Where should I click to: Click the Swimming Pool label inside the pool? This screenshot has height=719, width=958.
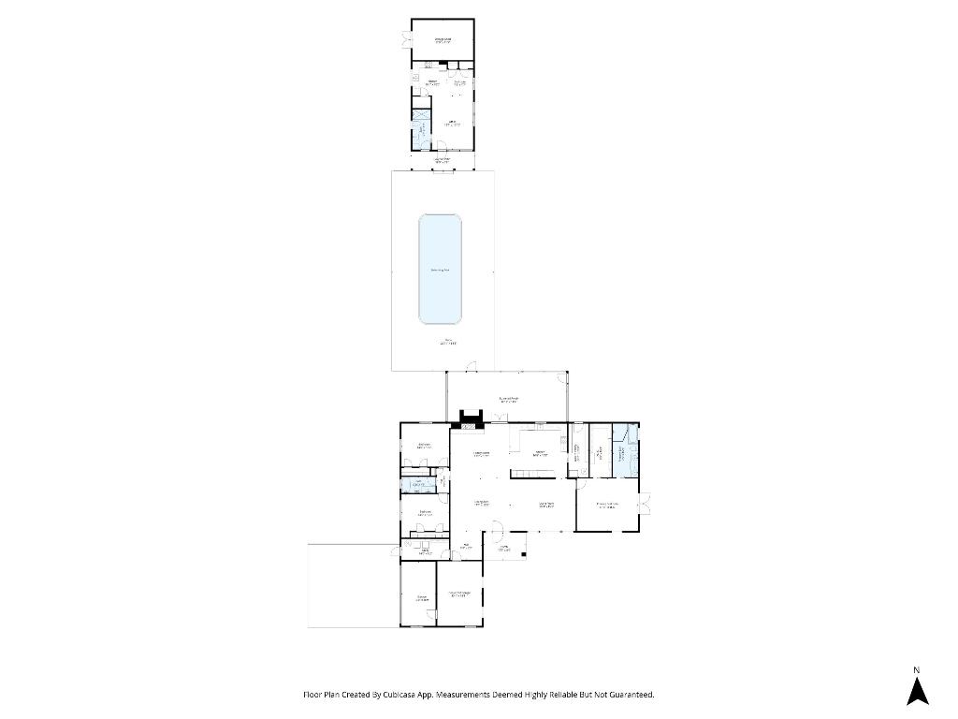coord(440,271)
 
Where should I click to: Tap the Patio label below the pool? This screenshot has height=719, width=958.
coord(449,342)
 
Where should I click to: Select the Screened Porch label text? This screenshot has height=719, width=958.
coord(509,400)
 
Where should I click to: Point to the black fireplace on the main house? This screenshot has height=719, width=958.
coord(469,418)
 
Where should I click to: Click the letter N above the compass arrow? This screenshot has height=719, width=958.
coord(917,668)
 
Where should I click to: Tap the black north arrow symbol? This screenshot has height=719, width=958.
coord(918,691)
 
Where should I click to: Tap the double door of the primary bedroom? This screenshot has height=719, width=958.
coord(646,505)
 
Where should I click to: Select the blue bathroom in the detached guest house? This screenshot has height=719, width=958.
coord(420,127)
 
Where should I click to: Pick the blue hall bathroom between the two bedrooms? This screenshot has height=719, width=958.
coord(418,484)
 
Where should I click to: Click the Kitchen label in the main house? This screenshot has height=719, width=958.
coord(539,453)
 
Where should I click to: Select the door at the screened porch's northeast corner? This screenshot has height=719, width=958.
coord(562,377)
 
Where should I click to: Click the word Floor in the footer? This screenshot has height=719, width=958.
coord(312,695)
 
